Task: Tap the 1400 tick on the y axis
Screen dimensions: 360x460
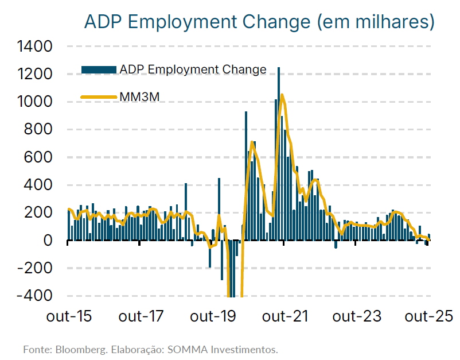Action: point(35,47)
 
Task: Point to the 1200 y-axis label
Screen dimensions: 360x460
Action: point(35,74)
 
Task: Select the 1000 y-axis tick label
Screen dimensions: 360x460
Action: point(35,102)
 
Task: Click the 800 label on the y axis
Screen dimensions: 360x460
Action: point(40,129)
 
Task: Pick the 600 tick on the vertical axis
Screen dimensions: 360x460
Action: point(40,157)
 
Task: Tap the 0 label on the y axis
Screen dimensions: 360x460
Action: point(48,240)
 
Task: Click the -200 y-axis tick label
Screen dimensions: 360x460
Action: point(36,268)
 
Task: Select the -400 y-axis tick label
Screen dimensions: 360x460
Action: point(36,295)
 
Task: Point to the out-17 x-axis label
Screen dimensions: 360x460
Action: point(140,316)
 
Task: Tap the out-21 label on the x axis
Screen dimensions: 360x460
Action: point(285,316)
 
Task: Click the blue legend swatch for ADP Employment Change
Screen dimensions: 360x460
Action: point(99,69)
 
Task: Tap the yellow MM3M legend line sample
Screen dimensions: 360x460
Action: point(99,97)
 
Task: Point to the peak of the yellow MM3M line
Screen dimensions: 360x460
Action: point(282,95)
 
